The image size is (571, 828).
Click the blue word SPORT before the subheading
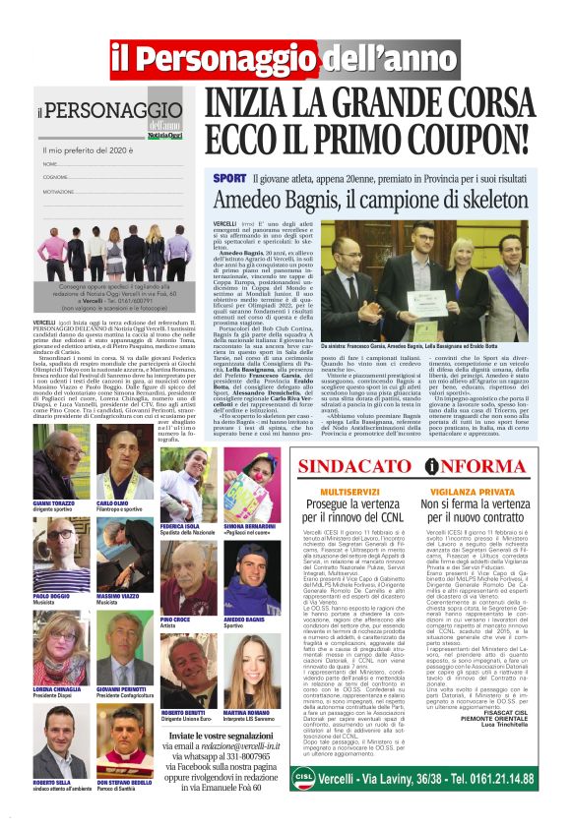(x=224, y=178)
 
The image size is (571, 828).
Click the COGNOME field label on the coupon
(x=55, y=177)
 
